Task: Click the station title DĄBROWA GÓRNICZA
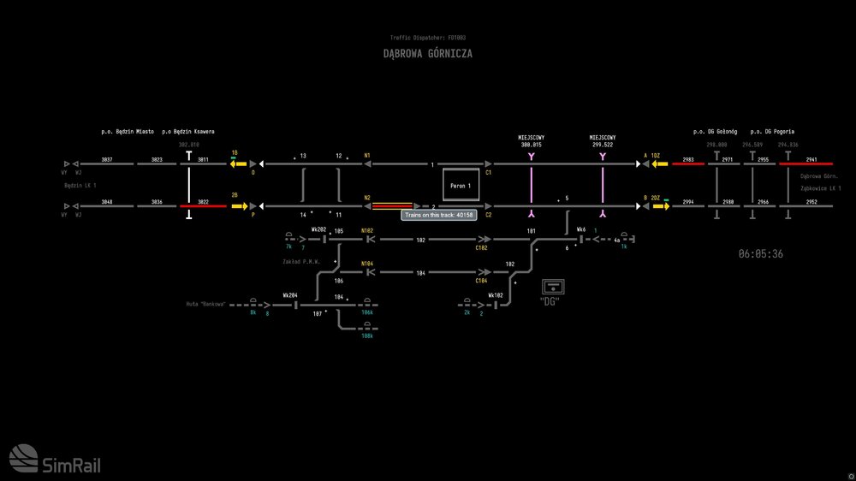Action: [x=427, y=54]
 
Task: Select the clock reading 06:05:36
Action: [x=760, y=254]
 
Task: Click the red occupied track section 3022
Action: [x=203, y=206]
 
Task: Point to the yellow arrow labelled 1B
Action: [x=237, y=163]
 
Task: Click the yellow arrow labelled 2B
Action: [x=238, y=206]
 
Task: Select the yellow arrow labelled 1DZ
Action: [x=658, y=163]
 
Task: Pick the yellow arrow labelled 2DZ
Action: [x=658, y=206]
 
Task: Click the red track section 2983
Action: [x=688, y=163]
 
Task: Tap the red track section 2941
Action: [x=811, y=163]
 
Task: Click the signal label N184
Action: [x=367, y=264]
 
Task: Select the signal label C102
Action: [x=482, y=248]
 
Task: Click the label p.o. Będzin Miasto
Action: [x=128, y=132]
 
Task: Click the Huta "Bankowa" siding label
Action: [x=206, y=304]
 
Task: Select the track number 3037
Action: [x=107, y=160]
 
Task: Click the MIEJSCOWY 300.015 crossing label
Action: [x=532, y=141]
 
